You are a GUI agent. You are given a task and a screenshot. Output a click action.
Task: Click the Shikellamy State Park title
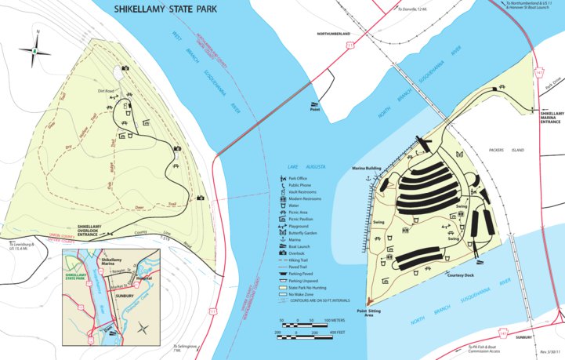(x=166, y=11)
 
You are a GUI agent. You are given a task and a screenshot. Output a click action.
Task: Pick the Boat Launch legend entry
(x=299, y=224)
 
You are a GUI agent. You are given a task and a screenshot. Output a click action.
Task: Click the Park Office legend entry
(x=299, y=178)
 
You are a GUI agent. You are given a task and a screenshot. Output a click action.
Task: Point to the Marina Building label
(x=367, y=169)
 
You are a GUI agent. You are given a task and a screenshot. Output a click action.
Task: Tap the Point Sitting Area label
(x=371, y=313)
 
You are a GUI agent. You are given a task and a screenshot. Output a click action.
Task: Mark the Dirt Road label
(x=107, y=92)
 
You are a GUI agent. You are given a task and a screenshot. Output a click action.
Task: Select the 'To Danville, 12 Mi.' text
(x=415, y=9)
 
